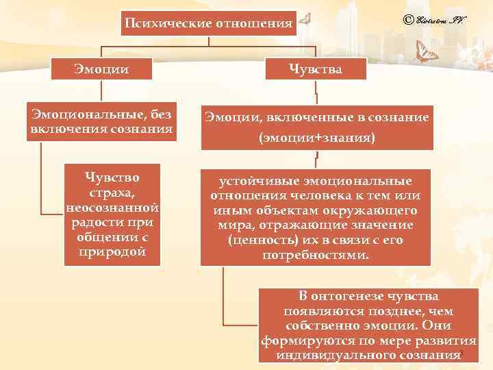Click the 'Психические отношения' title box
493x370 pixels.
click(x=208, y=25)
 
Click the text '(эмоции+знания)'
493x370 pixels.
click(x=316, y=137)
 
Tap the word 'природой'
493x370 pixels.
click(x=112, y=251)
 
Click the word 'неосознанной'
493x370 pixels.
click(x=112, y=208)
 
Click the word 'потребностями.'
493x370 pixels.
click(x=316, y=255)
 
